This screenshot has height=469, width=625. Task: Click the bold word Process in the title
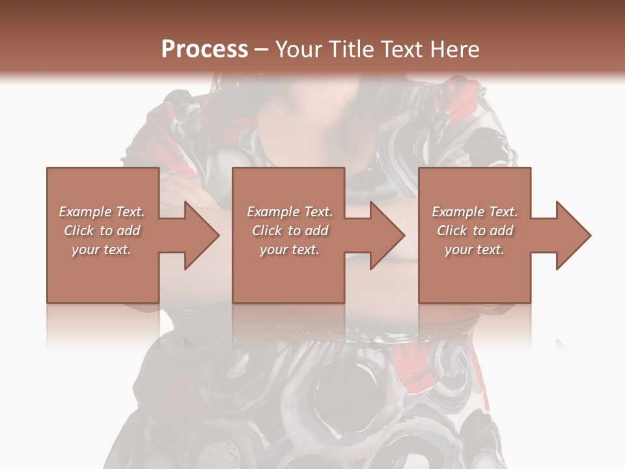pyautogui.click(x=204, y=50)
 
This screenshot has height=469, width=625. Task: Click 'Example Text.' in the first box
pyautogui.click(x=102, y=212)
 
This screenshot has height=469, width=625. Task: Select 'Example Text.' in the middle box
pyautogui.click(x=290, y=212)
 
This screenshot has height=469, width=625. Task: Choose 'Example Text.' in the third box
pyautogui.click(x=475, y=212)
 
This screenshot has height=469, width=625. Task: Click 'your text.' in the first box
pyautogui.click(x=102, y=249)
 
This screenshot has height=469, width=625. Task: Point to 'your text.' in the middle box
pyautogui.click(x=290, y=249)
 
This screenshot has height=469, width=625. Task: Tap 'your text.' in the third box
pyautogui.click(x=475, y=249)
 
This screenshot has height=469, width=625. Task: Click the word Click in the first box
pyautogui.click(x=79, y=231)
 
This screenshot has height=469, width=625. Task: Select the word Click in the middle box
pyautogui.click(x=267, y=231)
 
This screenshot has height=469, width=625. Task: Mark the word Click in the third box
pyautogui.click(x=452, y=231)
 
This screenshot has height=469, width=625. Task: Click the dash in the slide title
pyautogui.click(x=262, y=50)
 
